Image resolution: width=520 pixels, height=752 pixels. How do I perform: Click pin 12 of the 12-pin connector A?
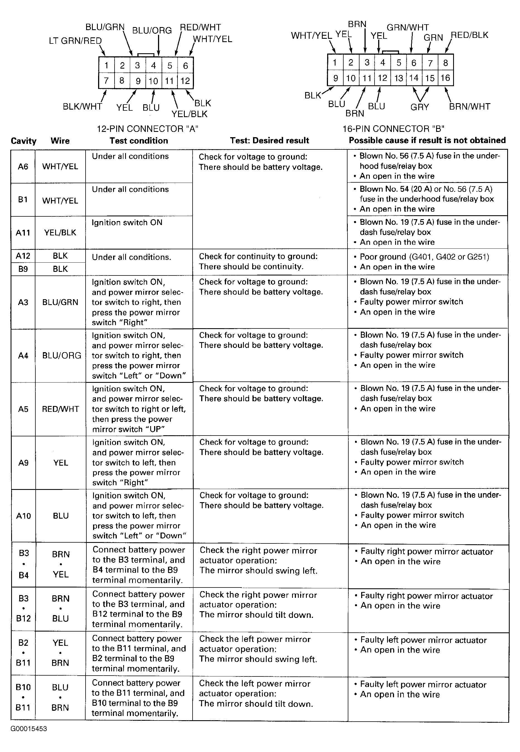[x=185, y=81]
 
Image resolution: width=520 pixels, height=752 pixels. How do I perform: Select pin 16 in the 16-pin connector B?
[x=445, y=78]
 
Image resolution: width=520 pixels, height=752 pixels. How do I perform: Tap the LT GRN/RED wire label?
[x=75, y=41]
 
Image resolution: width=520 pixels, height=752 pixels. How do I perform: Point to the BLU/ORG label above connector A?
[x=152, y=30]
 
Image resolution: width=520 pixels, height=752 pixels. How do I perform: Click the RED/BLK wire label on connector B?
[x=469, y=35]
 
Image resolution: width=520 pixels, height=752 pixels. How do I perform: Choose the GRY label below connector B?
[x=420, y=107]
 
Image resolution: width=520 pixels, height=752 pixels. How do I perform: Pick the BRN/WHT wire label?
[x=470, y=107]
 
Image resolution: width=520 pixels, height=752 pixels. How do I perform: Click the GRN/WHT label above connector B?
[x=408, y=27]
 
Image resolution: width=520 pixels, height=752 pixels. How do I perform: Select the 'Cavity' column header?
[x=23, y=141]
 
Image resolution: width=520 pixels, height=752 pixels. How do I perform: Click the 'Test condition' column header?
[x=139, y=141]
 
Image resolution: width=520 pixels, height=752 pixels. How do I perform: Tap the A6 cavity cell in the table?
[x=23, y=166]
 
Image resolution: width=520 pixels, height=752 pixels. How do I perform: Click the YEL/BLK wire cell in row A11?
[x=60, y=233]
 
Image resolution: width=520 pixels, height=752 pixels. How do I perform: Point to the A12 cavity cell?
[x=23, y=256]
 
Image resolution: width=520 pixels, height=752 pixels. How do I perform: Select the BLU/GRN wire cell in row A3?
[x=60, y=302]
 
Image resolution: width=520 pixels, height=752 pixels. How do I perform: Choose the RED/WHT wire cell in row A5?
[x=60, y=409]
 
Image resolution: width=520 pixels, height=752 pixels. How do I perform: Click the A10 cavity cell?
[x=23, y=516]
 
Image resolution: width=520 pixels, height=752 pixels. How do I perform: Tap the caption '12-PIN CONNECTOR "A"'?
[x=147, y=129]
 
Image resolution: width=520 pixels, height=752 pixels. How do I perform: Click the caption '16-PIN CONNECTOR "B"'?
[x=393, y=129]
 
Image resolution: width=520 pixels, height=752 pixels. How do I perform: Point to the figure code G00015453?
[x=29, y=729]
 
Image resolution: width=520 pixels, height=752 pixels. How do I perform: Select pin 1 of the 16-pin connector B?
[x=335, y=62]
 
